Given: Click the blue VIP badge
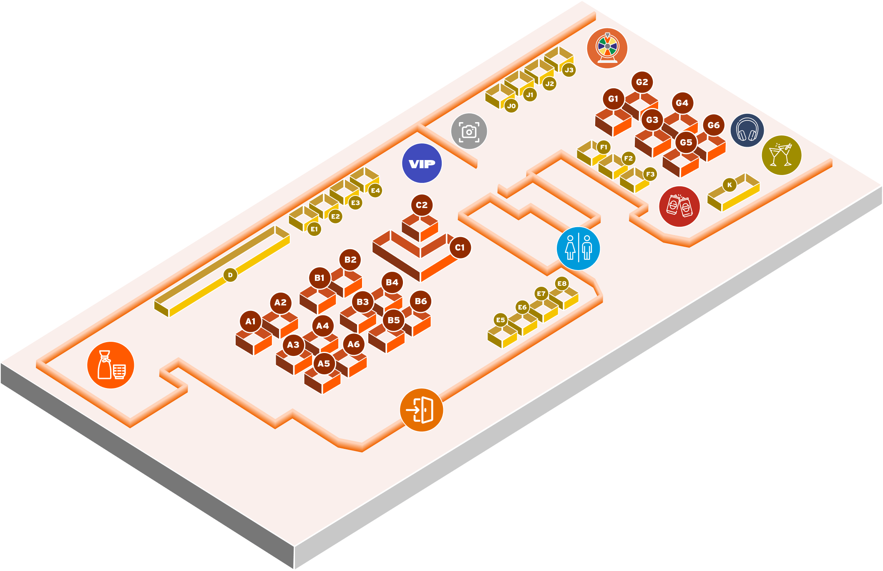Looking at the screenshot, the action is (x=422, y=163).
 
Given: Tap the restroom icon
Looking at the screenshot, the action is (x=578, y=248).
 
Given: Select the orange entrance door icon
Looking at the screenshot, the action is (x=421, y=410).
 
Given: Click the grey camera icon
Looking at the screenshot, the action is (x=469, y=131).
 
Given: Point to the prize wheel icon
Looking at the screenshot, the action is (x=607, y=48).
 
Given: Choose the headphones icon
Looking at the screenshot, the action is (x=747, y=130).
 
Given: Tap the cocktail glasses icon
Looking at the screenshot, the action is (x=781, y=155).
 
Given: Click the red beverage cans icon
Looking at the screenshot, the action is (x=679, y=206).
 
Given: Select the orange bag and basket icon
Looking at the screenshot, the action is (x=111, y=365).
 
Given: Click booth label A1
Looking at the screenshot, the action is (x=250, y=321).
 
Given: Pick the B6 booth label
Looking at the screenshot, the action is (x=420, y=301).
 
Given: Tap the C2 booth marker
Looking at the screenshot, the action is (x=421, y=205).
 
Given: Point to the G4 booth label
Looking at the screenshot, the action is (x=682, y=103).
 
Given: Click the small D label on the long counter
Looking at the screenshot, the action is (x=230, y=275).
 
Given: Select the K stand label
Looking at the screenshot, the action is (x=730, y=185).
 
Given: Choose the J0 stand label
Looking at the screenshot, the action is (x=511, y=106).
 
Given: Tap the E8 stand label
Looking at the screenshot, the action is (x=562, y=283).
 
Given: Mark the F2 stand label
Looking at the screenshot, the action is (x=628, y=158).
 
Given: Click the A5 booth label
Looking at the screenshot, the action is (x=324, y=363).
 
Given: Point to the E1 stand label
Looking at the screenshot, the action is (x=314, y=229).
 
